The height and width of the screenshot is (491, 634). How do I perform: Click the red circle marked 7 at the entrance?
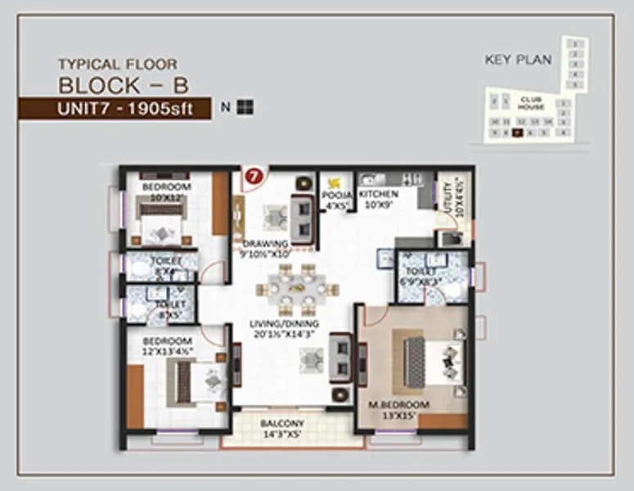point(254,175)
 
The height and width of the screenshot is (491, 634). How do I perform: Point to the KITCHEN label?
point(378,194)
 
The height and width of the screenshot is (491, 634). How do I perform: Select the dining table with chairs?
point(296,289)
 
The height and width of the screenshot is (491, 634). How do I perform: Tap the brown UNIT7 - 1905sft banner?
point(115,108)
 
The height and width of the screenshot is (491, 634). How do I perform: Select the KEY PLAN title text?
point(518,60)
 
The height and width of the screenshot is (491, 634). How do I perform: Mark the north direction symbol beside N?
point(245,107)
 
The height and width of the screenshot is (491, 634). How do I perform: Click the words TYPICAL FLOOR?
point(117,64)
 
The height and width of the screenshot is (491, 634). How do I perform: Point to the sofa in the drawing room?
point(301,218)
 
